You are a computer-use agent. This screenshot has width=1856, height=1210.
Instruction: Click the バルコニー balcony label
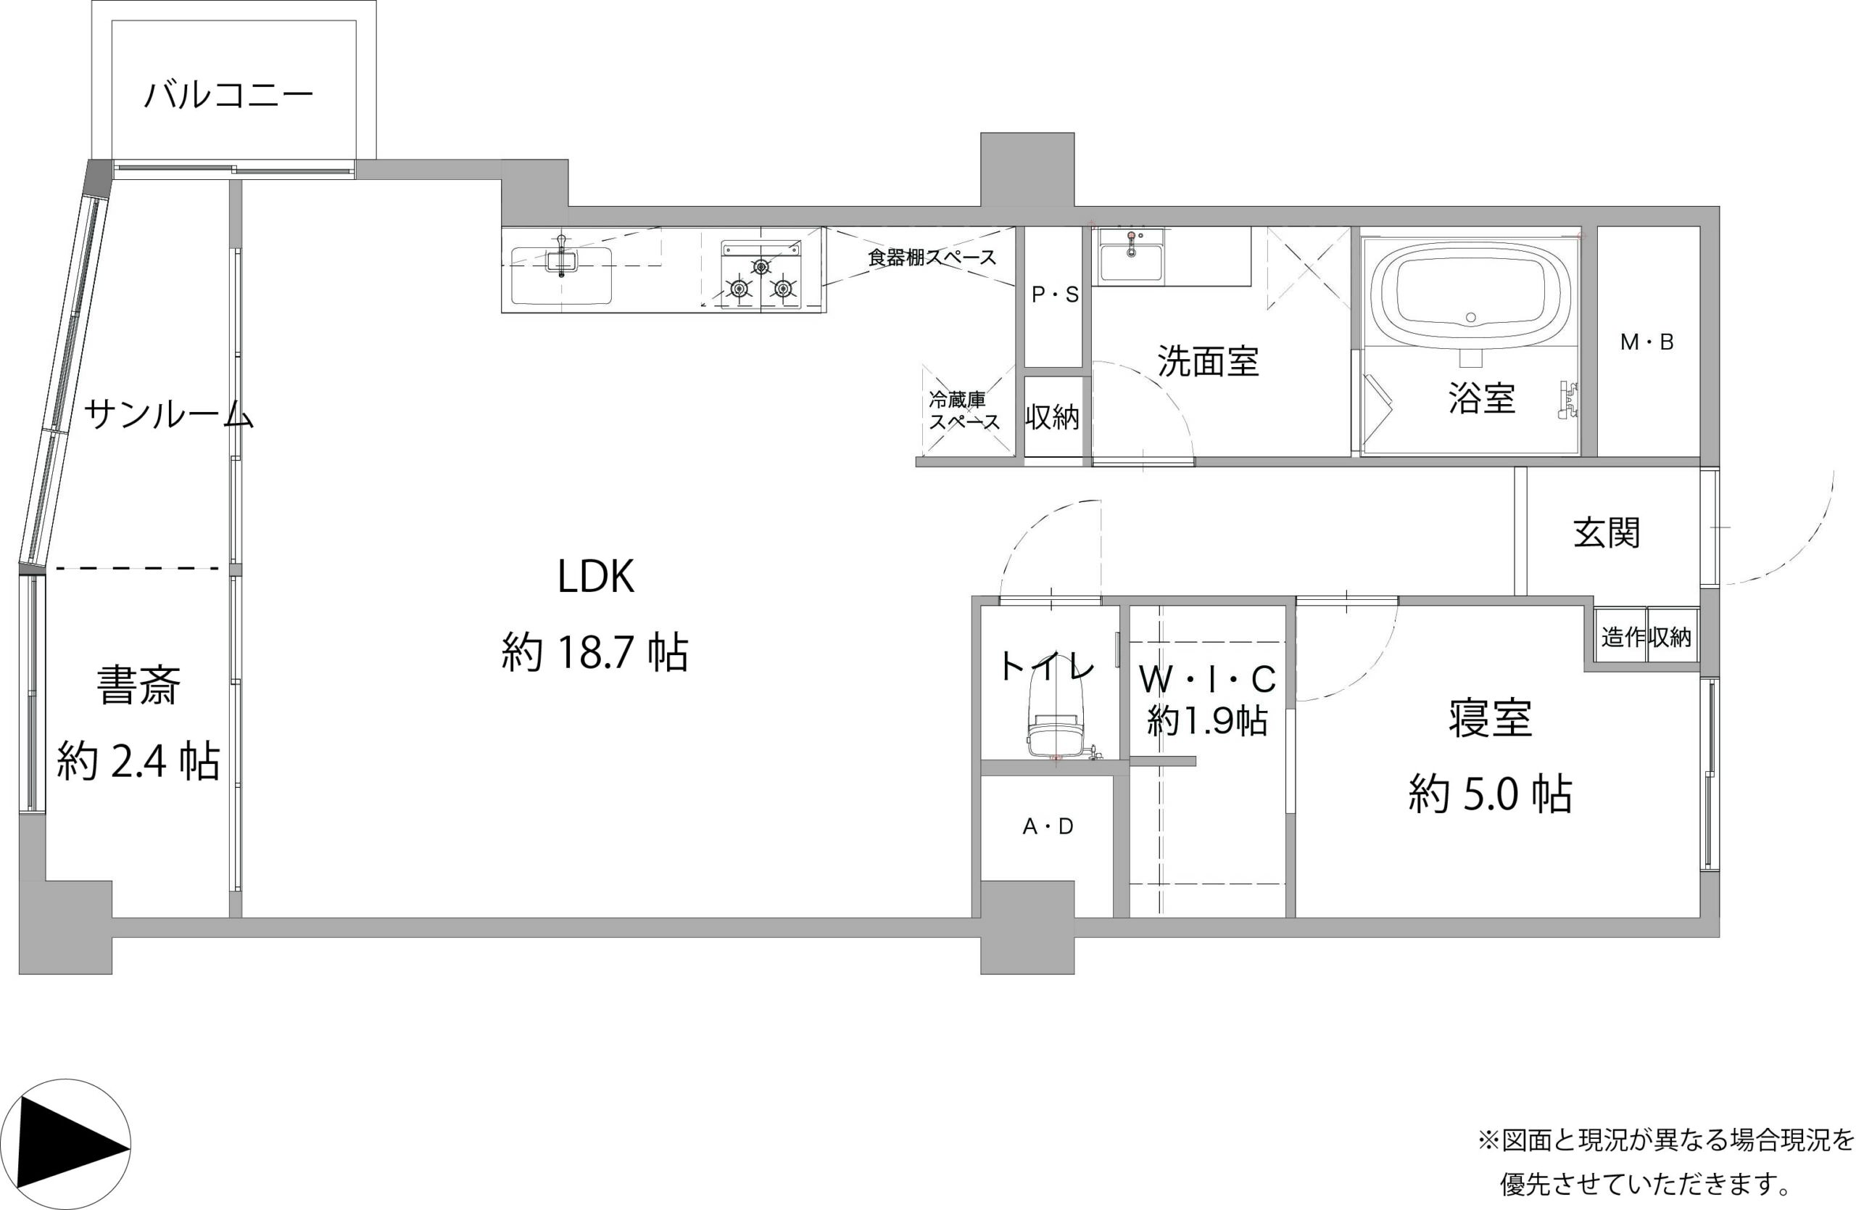[229, 96]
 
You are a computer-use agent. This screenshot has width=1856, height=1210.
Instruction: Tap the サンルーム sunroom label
[168, 414]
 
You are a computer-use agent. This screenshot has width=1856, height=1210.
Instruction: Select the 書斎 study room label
[138, 686]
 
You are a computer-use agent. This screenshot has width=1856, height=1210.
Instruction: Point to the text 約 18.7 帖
[595, 653]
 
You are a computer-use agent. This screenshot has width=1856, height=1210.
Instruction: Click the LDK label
[596, 577]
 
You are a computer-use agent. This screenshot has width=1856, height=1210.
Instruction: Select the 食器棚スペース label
[932, 258]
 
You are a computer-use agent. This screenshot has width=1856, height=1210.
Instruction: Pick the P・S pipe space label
[1055, 295]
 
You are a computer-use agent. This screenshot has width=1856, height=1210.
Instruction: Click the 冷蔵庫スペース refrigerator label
[964, 411]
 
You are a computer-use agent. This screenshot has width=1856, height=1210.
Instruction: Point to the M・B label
[1647, 342]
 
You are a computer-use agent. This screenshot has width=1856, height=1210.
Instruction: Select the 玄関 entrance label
[1607, 534]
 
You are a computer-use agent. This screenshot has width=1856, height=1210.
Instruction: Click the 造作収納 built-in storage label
[1646, 638]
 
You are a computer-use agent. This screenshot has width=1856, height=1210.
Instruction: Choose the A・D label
[1048, 827]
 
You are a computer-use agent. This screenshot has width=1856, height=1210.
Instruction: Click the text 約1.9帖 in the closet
[1206, 721]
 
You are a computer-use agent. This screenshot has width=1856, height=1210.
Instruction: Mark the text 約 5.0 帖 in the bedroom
[1489, 795]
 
